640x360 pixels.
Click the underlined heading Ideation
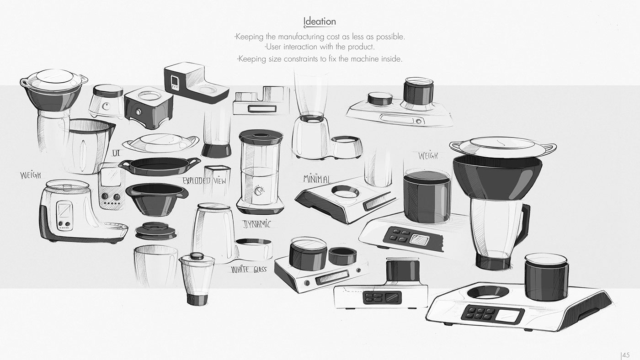[320, 21]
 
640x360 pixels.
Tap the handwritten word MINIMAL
[317, 179]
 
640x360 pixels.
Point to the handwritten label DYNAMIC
[256, 224]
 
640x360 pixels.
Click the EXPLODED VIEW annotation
[204, 180]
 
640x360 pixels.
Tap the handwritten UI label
[115, 154]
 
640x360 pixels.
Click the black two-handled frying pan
[159, 166]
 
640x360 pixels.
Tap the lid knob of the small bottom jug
[197, 256]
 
